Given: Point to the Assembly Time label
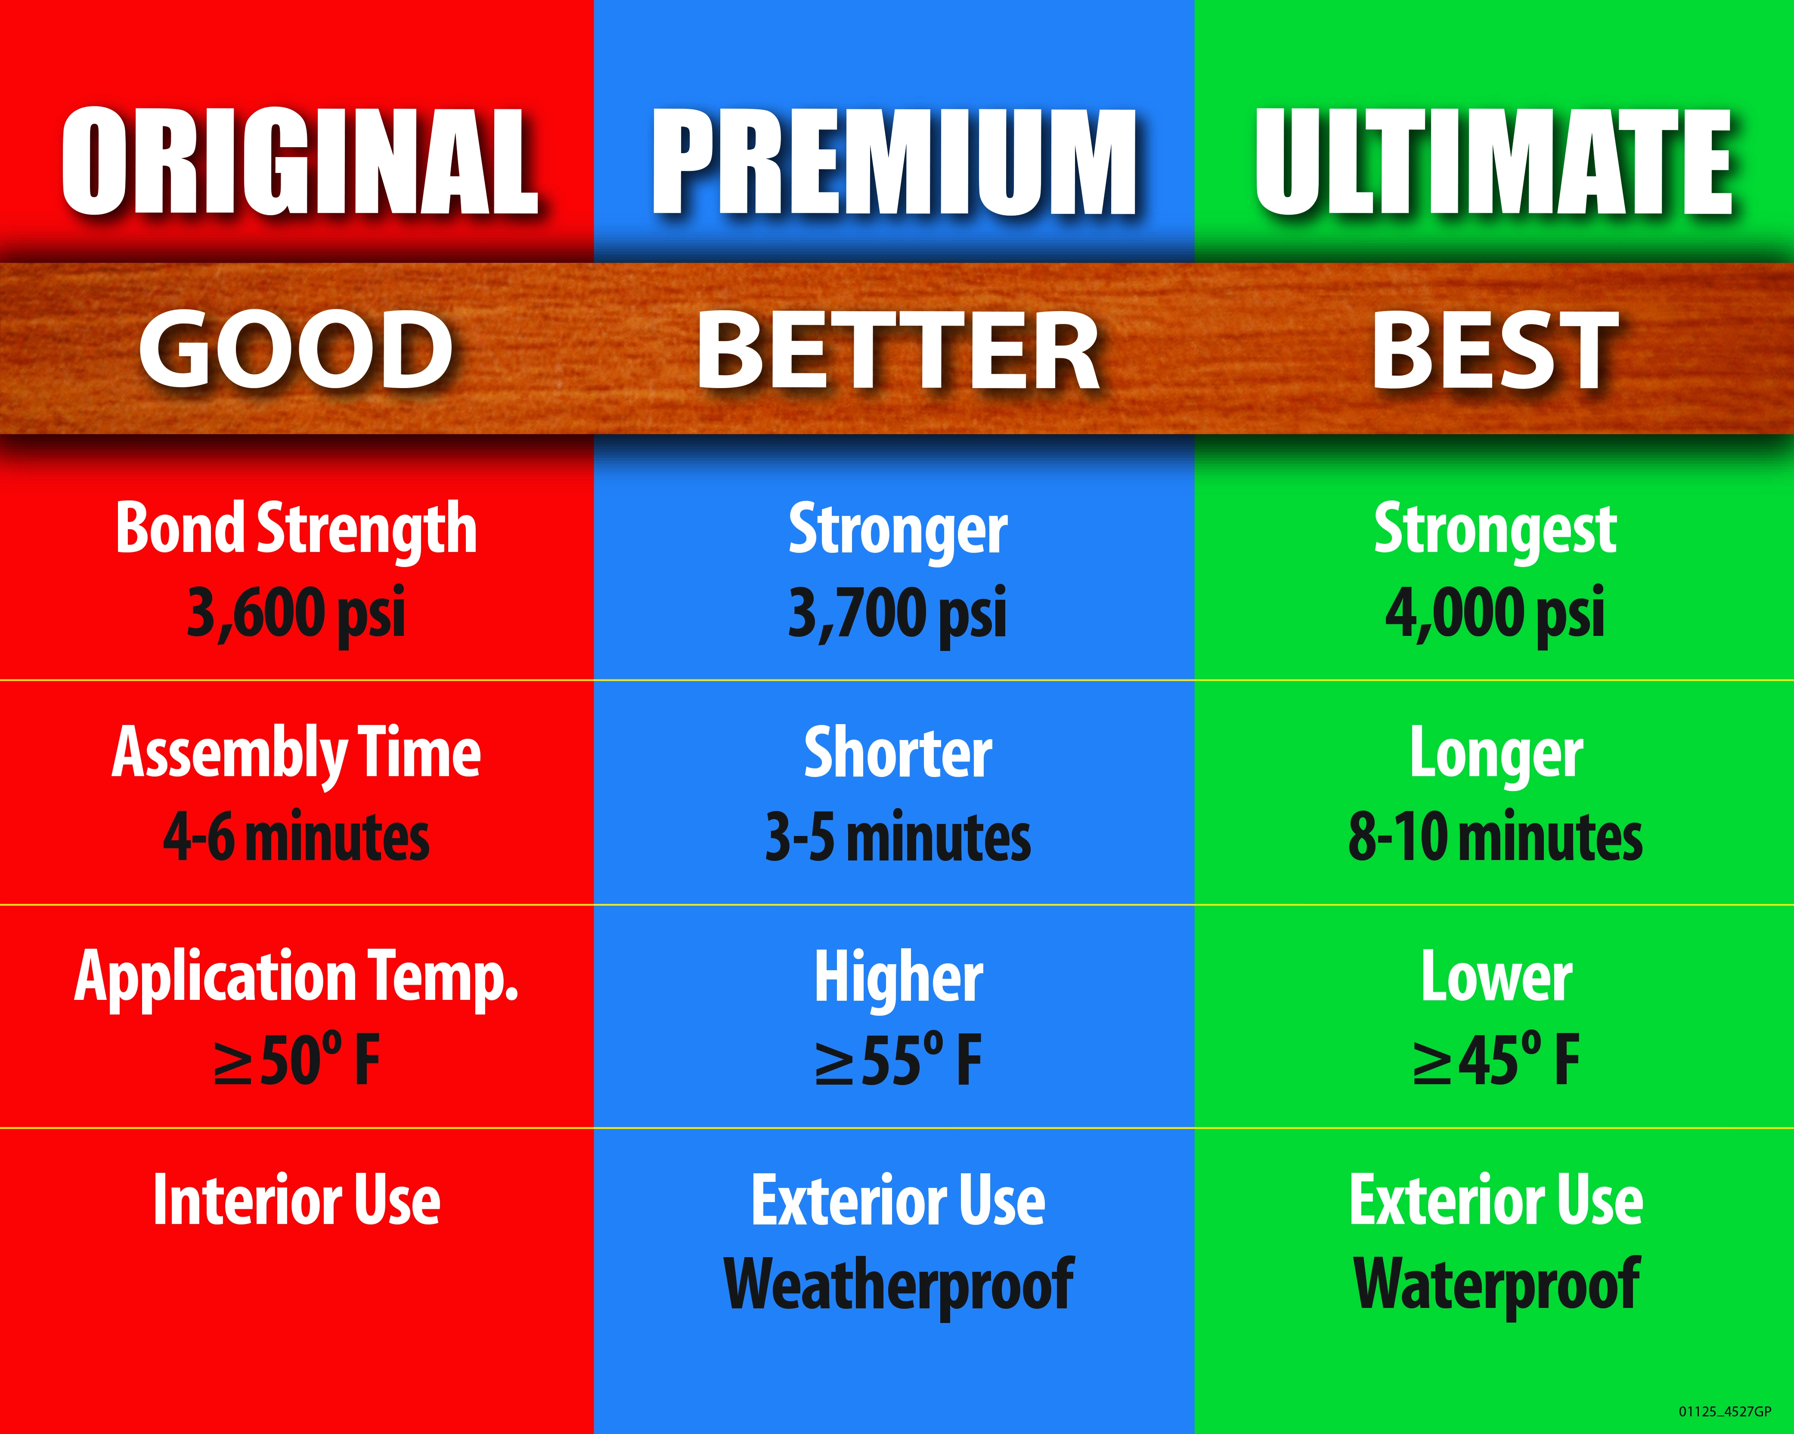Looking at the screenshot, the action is click(296, 754).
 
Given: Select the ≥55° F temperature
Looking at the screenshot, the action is click(898, 1059).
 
